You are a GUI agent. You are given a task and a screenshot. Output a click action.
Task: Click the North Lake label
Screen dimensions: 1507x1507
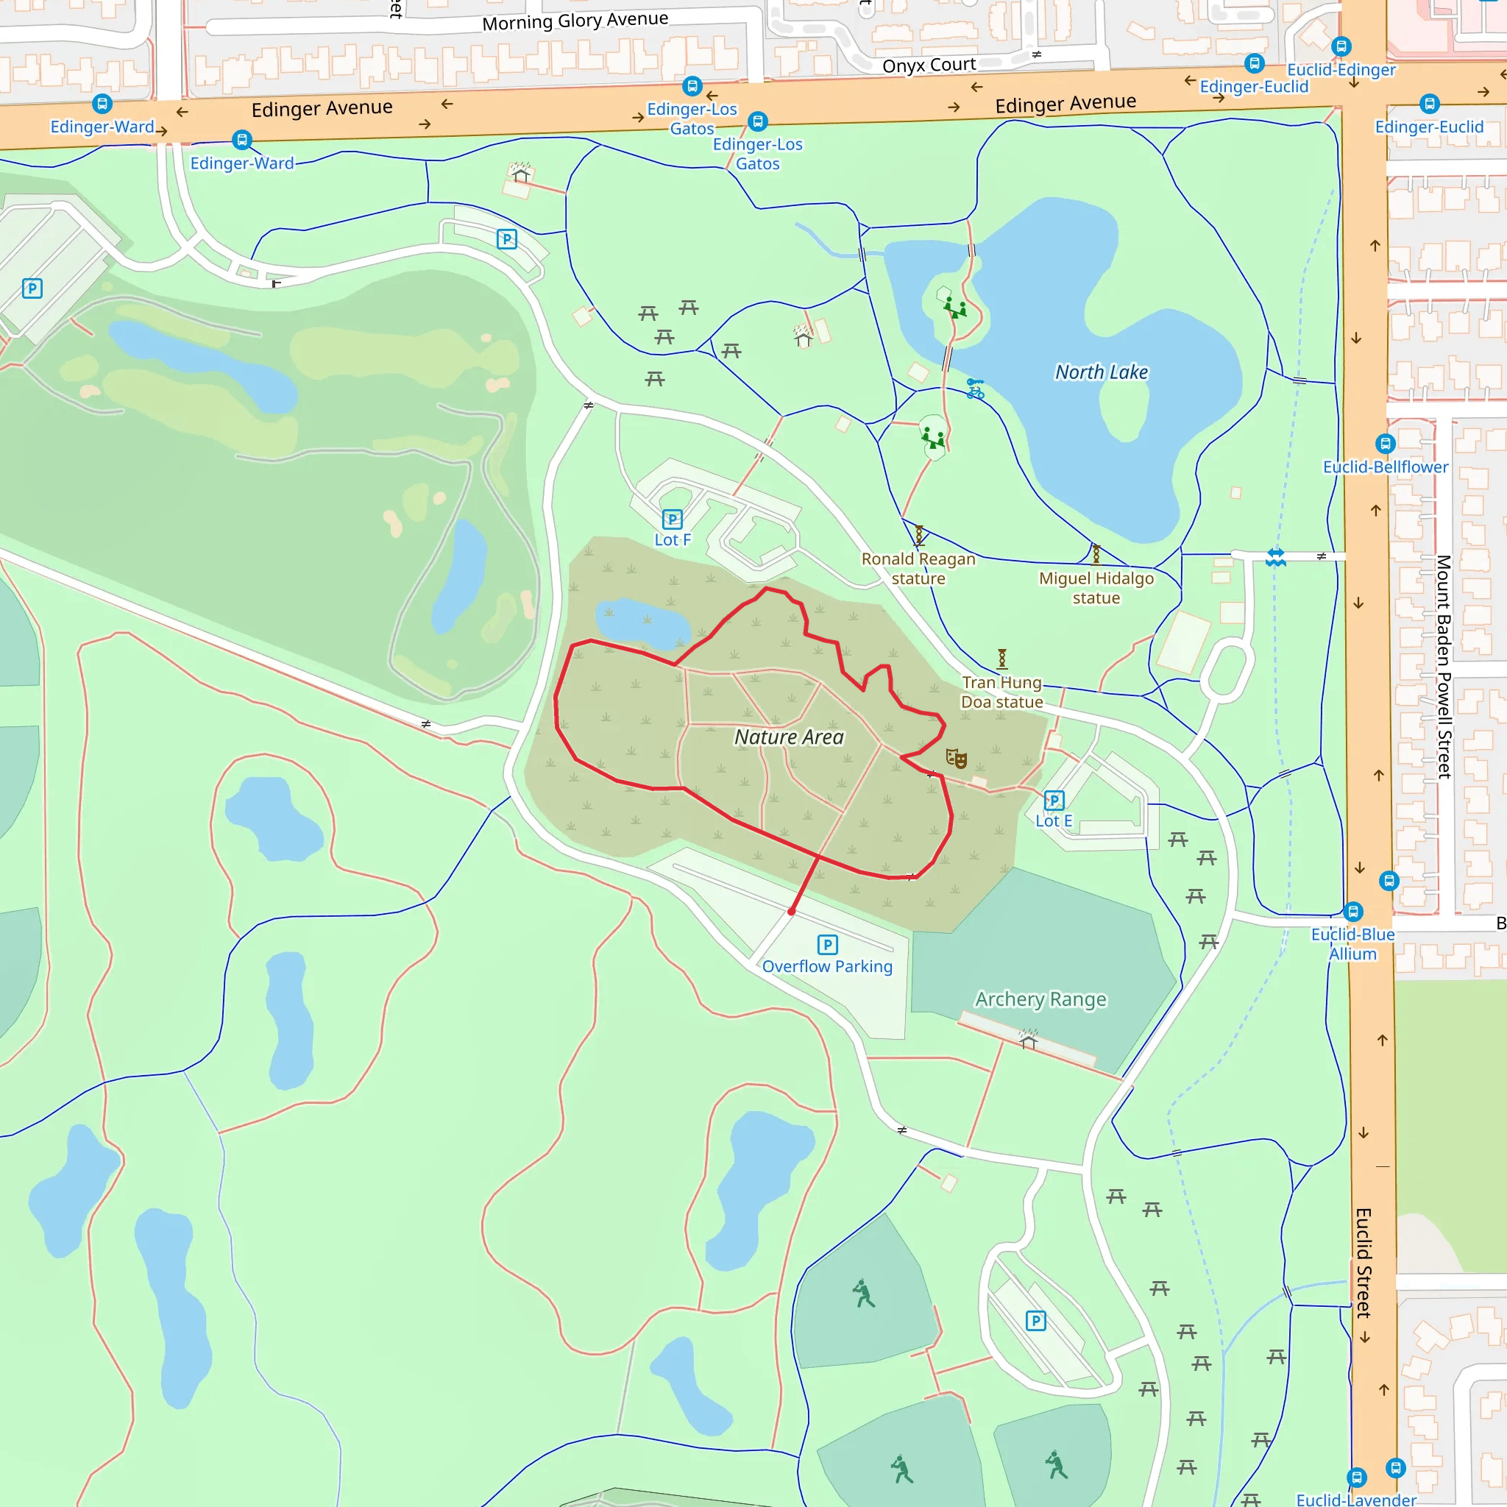(1101, 372)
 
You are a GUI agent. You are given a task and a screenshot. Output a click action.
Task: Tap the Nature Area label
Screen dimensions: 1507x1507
(789, 737)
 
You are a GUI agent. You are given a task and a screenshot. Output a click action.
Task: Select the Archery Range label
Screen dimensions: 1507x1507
(1040, 999)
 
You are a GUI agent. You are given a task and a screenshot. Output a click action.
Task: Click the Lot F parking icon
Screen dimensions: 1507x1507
(672, 520)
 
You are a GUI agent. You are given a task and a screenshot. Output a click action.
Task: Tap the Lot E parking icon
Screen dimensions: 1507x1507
(1054, 801)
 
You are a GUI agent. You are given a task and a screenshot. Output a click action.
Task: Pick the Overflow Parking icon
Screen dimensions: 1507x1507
(827, 946)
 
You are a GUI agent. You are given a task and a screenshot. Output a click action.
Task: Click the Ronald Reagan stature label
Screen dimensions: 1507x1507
(918, 569)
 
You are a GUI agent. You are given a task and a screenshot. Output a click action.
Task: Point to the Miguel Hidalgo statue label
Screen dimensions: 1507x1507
(1096, 588)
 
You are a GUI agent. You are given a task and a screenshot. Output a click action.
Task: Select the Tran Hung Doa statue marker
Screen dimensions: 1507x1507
(1002, 659)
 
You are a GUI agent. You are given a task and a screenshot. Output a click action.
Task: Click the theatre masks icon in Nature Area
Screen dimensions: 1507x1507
(957, 758)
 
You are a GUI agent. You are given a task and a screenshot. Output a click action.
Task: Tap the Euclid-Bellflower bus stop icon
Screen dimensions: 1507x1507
(1386, 444)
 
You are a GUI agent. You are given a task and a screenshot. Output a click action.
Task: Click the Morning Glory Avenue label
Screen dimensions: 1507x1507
(575, 21)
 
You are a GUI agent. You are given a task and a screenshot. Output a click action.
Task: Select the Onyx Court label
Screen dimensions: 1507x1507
(929, 65)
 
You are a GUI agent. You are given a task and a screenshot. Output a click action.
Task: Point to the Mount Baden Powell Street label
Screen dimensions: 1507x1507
(1444, 666)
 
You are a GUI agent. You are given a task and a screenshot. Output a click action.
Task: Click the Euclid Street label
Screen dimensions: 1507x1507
(1363, 1263)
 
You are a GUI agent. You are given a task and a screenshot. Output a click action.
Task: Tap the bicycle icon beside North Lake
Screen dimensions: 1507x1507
(975, 389)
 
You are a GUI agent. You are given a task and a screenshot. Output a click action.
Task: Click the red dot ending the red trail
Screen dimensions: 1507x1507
(792, 911)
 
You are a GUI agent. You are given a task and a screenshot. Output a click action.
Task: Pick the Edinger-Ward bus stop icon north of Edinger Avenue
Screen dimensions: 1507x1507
(102, 104)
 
